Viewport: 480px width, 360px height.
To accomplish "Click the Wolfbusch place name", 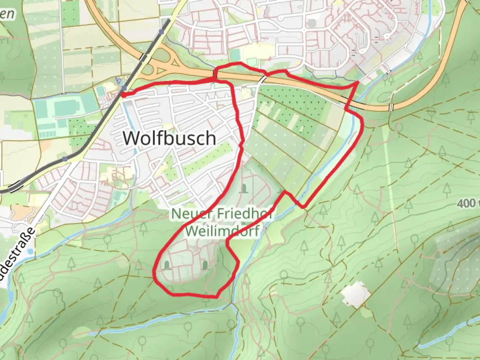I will point(169,138).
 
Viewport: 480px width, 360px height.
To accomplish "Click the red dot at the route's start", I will point(123,95).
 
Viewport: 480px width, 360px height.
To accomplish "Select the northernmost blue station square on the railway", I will point(162,32).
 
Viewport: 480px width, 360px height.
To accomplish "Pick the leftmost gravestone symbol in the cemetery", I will point(166,265).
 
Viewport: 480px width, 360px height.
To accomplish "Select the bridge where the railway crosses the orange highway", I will point(143,58).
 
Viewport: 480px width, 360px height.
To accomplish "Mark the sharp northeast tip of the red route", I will point(358,81).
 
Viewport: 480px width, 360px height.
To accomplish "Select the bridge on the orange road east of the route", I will point(391,107).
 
